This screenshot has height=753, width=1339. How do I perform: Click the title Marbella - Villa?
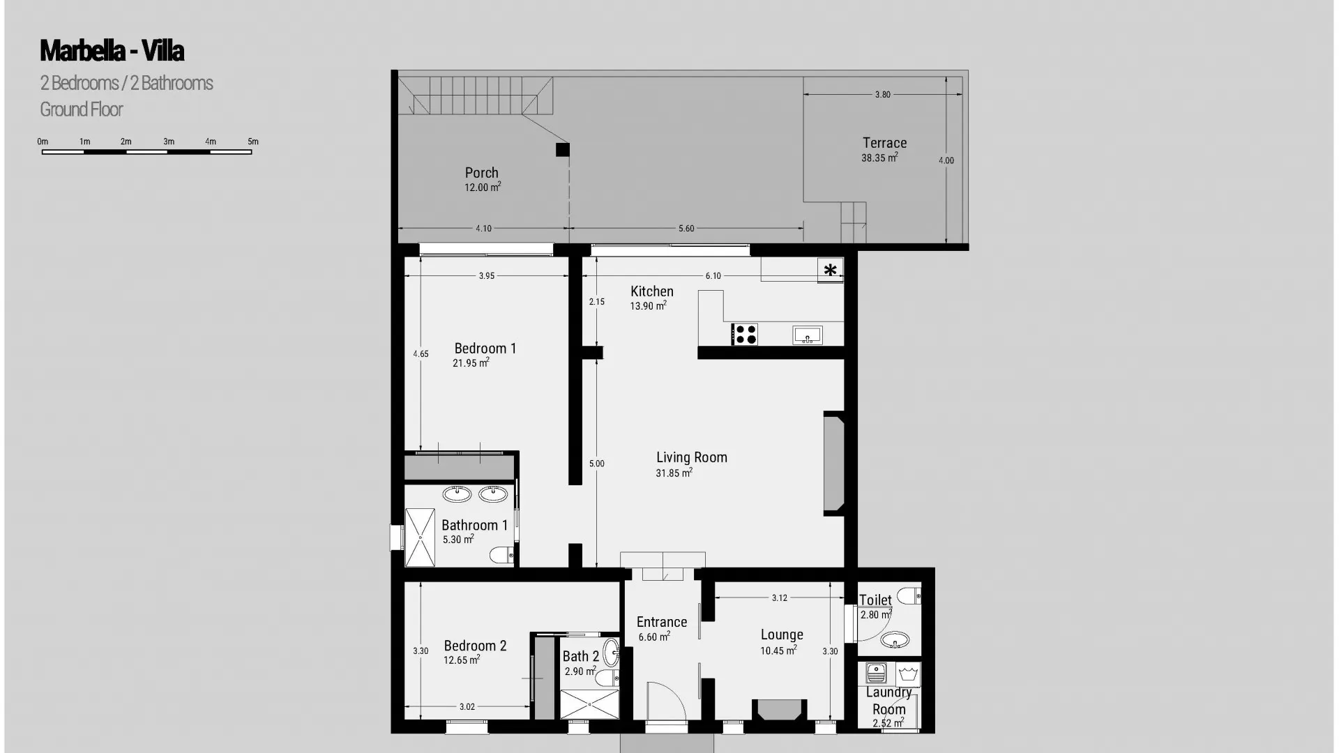[112, 51]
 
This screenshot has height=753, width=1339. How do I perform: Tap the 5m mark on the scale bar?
[252, 142]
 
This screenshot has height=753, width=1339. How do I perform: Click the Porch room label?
[482, 173]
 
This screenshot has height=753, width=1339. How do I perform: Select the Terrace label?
[884, 143]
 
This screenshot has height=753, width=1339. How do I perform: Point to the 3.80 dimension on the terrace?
[883, 95]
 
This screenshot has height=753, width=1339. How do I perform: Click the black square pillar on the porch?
[562, 149]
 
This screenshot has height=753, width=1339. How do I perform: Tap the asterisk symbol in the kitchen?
[830, 270]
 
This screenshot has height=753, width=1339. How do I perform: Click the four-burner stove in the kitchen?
[745, 335]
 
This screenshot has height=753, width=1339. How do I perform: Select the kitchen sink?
[808, 335]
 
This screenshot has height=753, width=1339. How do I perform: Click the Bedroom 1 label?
[485, 349]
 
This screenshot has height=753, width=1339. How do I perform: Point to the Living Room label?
[691, 457]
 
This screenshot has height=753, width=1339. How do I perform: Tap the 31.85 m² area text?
[674, 473]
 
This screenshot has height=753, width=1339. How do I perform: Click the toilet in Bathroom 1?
[501, 556]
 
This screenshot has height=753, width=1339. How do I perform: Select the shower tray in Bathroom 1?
[420, 537]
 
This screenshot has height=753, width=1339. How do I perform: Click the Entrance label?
[661, 622]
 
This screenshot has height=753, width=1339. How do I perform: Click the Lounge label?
[781, 634]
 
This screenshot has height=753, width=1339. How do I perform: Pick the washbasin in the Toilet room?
[895, 639]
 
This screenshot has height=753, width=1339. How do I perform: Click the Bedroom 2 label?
[475, 646]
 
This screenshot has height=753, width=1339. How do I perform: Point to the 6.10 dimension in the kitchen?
[713, 276]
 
